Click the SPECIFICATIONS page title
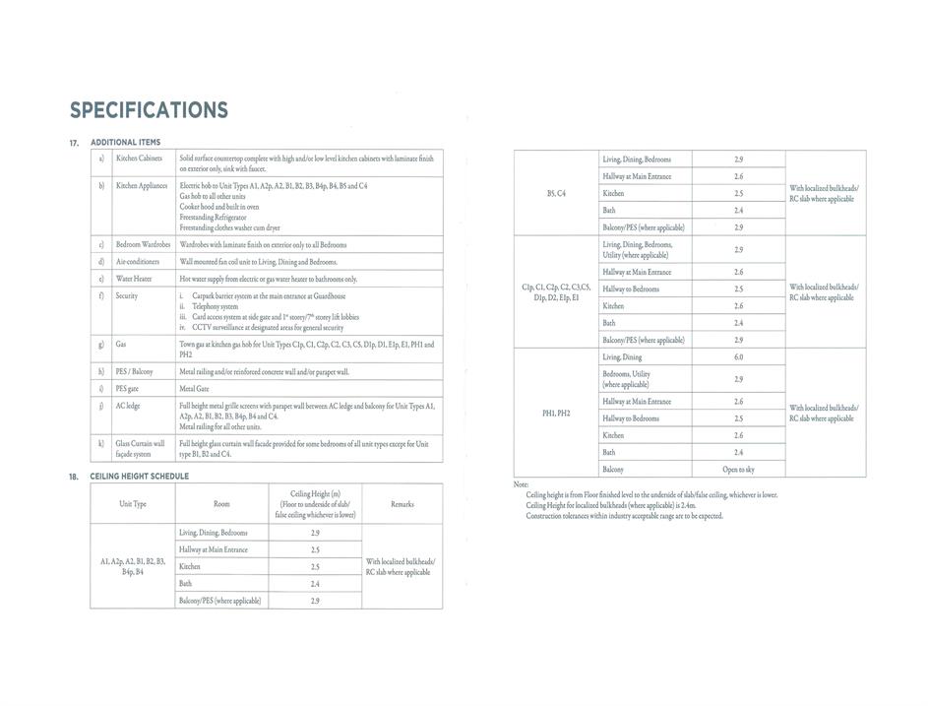tap(149, 110)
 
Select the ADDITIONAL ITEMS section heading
tap(125, 143)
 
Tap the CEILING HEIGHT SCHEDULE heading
tap(139, 476)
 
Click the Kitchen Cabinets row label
tap(139, 158)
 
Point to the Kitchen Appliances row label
tap(142, 185)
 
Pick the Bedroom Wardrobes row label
tap(143, 244)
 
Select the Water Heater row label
tap(134, 279)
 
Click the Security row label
tap(127, 295)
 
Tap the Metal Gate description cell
tap(195, 389)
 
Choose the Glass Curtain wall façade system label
tap(139, 449)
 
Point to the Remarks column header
tap(402, 504)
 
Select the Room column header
tap(221, 504)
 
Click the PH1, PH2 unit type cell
tap(556, 413)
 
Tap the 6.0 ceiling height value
tap(738, 356)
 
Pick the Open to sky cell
tap(738, 470)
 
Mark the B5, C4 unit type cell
tap(556, 193)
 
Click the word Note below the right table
tap(522, 484)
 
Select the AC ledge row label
tap(128, 406)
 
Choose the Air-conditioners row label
tap(137, 262)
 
